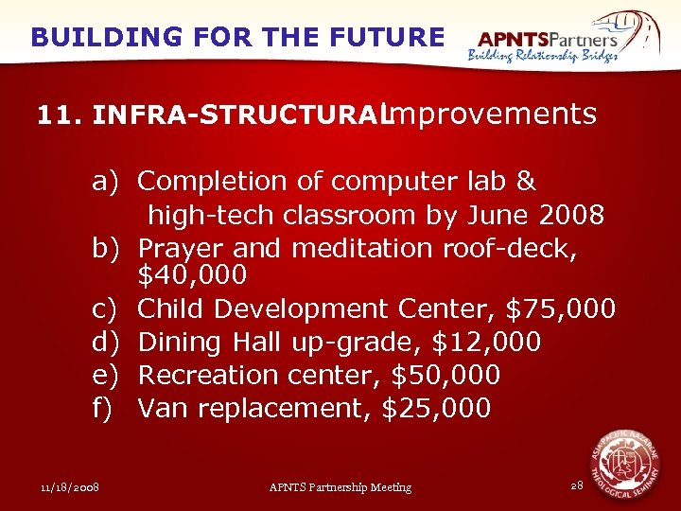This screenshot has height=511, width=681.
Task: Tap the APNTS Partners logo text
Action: pyautogui.click(x=548, y=39)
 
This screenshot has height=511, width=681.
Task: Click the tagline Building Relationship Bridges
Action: pyautogui.click(x=543, y=56)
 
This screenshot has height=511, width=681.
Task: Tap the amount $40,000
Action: pyautogui.click(x=192, y=275)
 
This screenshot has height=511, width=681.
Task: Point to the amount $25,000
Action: pyautogui.click(x=436, y=409)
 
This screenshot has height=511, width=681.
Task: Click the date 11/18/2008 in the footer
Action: pyautogui.click(x=72, y=487)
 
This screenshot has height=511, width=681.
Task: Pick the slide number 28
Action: pyautogui.click(x=577, y=485)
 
